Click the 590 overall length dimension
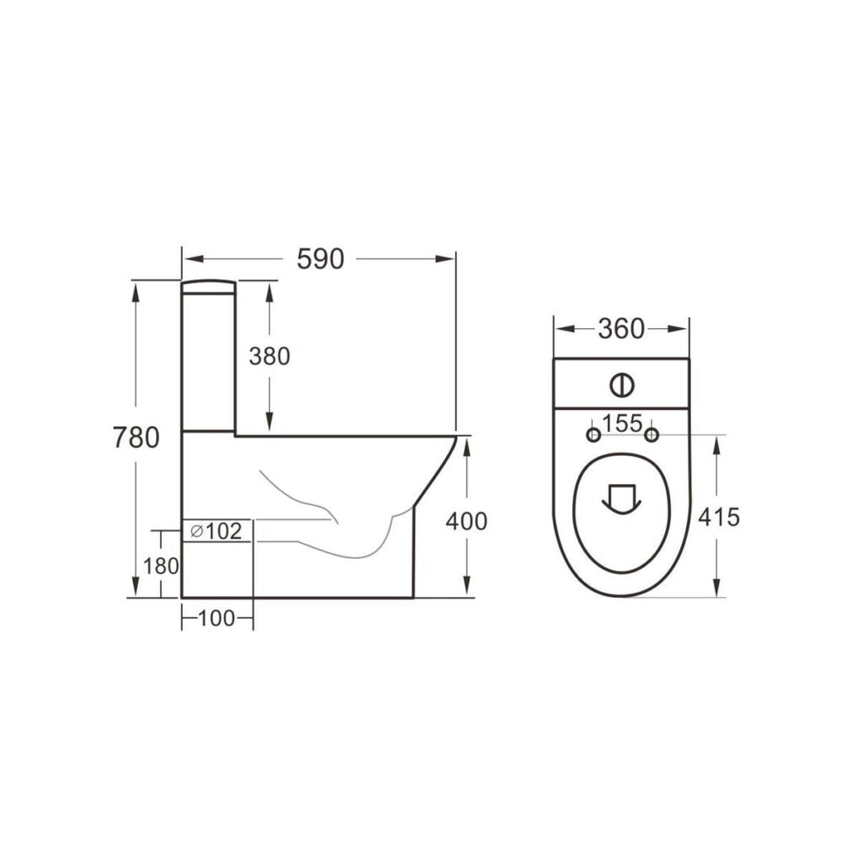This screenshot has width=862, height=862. point(320,259)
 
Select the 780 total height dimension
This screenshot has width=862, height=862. point(136,438)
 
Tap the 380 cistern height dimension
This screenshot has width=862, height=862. point(269,356)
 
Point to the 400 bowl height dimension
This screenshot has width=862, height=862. point(466,521)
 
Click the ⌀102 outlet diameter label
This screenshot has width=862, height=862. point(216,531)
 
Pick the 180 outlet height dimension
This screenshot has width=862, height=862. point(161,567)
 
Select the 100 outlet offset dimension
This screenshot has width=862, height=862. point(216,620)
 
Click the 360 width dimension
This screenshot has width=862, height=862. point(621,329)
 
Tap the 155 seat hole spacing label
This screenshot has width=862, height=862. point(623,423)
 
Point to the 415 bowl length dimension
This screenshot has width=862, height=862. point(719,517)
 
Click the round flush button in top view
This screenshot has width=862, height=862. point(620,385)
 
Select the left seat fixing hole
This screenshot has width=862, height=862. point(593,434)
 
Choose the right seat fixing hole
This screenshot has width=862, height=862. point(652,434)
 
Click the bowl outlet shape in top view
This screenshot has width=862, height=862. point(621,497)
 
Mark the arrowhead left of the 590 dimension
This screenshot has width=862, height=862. point(190,259)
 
